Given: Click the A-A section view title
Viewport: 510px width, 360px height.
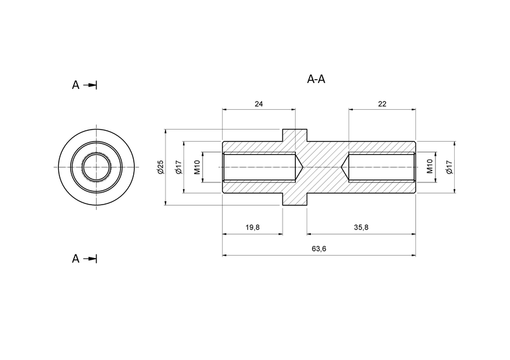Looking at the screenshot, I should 316,79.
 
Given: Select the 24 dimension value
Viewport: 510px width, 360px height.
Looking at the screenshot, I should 259,104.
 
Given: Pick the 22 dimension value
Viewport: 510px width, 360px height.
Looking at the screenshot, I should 382,104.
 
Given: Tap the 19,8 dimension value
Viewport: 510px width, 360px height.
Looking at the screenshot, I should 252,227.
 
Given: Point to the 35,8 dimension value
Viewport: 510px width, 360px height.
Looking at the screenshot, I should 361,227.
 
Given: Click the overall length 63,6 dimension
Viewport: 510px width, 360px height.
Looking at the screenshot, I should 319,249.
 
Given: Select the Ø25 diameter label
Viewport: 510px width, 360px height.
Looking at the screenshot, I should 160,167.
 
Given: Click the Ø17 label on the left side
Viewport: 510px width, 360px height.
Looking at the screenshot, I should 178,167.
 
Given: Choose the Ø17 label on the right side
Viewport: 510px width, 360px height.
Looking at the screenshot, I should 449,167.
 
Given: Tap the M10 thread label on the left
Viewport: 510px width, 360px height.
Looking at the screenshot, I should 197,167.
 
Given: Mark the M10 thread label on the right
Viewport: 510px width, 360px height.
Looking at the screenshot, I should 430,167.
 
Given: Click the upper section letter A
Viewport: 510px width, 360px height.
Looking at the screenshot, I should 76,85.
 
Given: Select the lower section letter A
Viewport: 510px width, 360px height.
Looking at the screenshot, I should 76,259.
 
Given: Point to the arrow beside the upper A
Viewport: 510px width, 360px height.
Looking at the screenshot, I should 90,85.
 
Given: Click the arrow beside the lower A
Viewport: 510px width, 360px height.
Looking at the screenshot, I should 90,259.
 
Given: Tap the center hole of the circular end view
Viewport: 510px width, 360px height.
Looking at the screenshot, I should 96,166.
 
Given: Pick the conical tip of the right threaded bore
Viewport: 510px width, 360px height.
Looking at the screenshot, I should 344,167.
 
